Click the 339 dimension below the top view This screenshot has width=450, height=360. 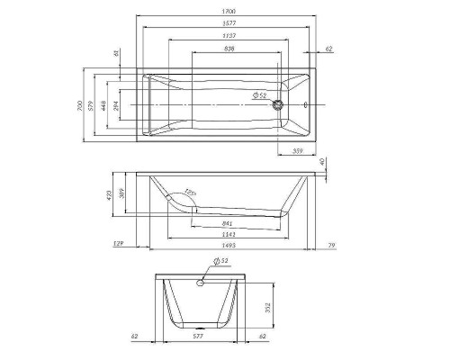(x=296, y=151)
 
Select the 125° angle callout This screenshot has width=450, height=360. (x=190, y=193)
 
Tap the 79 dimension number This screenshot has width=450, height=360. (x=331, y=243)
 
